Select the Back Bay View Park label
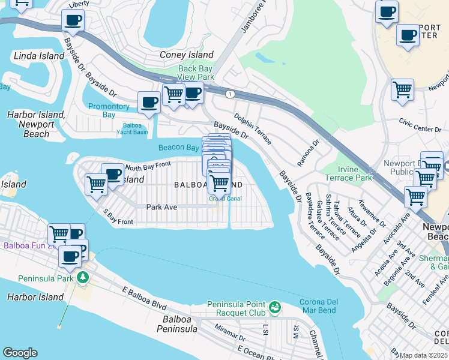196,73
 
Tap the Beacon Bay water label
178,148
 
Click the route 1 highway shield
229,94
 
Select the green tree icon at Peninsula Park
82,278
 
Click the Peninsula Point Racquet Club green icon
275,307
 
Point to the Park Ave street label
161,207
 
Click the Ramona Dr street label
307,155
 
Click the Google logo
20,353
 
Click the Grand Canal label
224,199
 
